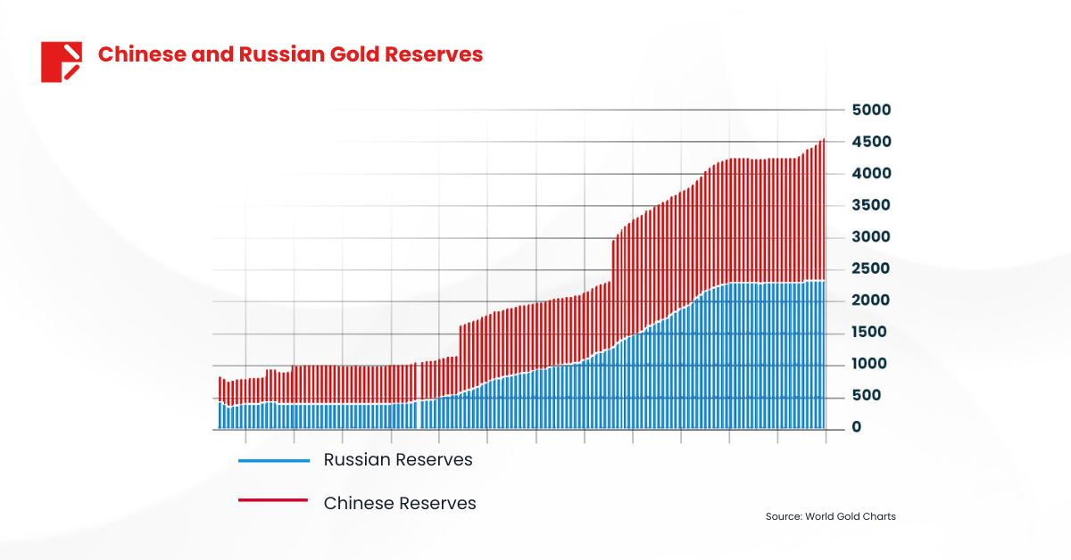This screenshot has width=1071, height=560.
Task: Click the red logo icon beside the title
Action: tap(62, 62)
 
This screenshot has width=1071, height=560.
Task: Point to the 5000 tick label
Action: tap(871, 110)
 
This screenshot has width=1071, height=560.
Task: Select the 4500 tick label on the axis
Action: tap(871, 142)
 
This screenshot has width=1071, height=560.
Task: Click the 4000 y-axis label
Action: tap(871, 173)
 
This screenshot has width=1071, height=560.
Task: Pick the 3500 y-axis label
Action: tap(871, 205)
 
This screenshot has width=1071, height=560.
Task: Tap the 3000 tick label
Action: tap(871, 237)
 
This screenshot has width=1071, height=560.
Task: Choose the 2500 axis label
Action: tap(871, 268)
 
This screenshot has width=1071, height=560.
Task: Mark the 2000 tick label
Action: tap(871, 301)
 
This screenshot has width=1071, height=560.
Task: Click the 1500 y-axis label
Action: tap(871, 332)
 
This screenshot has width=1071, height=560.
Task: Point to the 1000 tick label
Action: tap(871, 364)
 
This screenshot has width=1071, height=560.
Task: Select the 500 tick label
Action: tap(867, 395)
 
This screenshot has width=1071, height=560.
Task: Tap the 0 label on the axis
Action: tap(857, 427)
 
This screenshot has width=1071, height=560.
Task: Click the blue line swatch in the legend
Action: tap(273, 460)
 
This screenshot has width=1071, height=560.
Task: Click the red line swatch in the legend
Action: tap(273, 501)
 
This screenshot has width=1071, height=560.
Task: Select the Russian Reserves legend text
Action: tap(398, 460)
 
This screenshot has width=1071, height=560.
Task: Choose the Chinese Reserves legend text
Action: tap(400, 503)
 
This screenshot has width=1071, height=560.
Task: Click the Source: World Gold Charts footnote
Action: tap(830, 516)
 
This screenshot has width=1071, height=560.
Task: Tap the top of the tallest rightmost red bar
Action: tap(823, 140)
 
